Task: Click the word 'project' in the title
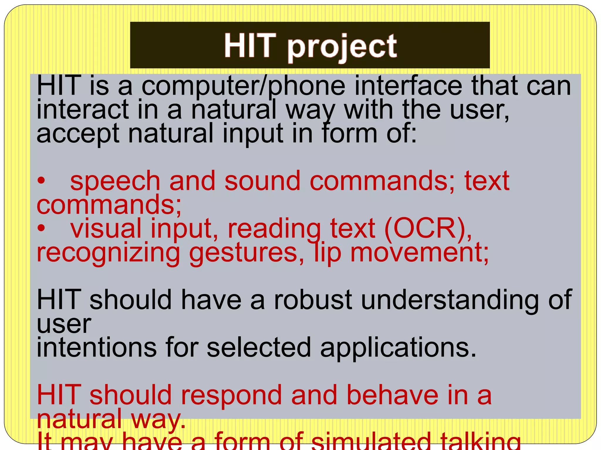[x=342, y=47]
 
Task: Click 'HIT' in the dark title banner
[x=250, y=45]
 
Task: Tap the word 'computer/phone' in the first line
[x=244, y=86]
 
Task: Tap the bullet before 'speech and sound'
[x=41, y=181]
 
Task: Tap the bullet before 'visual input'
[x=41, y=229]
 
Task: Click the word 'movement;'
[x=420, y=253]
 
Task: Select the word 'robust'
[x=313, y=300]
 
